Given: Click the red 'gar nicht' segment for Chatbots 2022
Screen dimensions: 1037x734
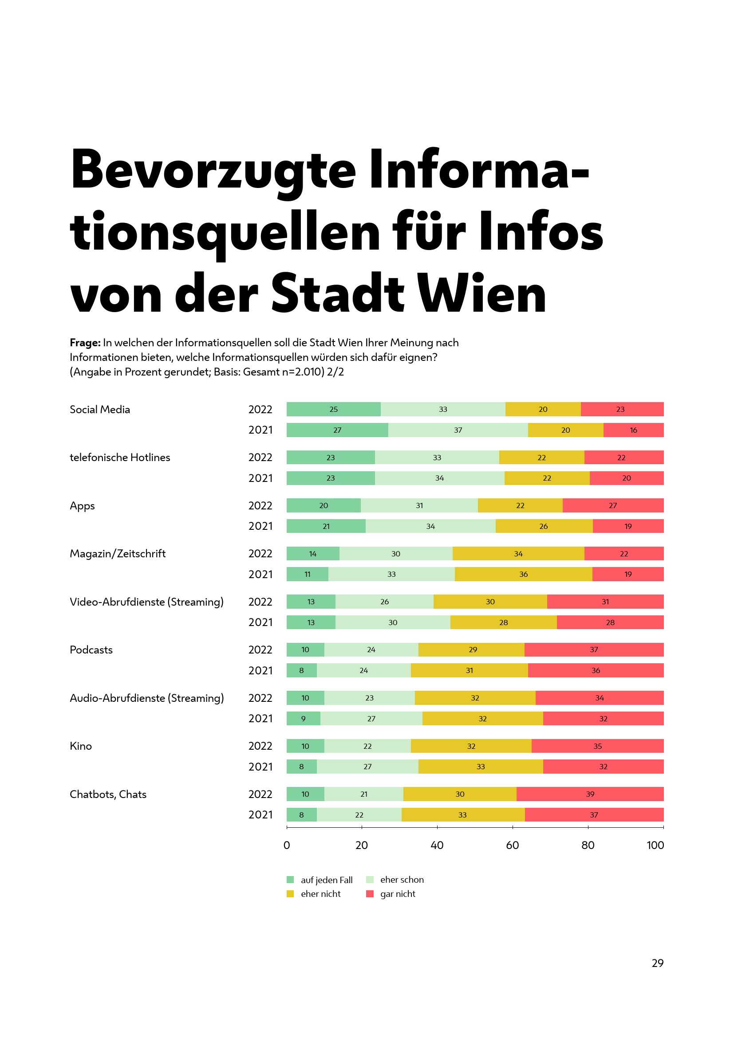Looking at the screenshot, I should pyautogui.click(x=590, y=794).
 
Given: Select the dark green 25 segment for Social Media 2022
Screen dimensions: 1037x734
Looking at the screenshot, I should pyautogui.click(x=334, y=409).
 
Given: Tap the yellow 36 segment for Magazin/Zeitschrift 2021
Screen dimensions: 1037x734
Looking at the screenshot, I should pyautogui.click(x=523, y=574).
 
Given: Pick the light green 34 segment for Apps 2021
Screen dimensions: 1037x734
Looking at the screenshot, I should pyautogui.click(x=430, y=526).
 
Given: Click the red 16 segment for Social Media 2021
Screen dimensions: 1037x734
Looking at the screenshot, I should pyautogui.click(x=633, y=430).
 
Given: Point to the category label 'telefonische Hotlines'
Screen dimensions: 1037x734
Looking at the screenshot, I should pyautogui.click(x=120, y=458).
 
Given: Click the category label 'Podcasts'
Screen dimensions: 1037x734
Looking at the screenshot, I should pyautogui.click(x=91, y=650).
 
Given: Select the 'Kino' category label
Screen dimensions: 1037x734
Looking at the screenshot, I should pyautogui.click(x=81, y=746).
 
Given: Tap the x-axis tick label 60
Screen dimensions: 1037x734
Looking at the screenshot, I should pyautogui.click(x=513, y=845).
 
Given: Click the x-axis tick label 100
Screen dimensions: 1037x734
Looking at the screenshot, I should pyautogui.click(x=655, y=845).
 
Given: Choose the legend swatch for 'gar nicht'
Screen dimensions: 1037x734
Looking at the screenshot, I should pyautogui.click(x=370, y=894).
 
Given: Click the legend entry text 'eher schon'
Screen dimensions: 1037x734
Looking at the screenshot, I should pyautogui.click(x=402, y=880).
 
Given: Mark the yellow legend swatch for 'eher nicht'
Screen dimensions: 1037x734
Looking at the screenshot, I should pyautogui.click(x=290, y=894).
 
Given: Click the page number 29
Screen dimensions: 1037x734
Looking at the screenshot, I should pyautogui.click(x=658, y=963).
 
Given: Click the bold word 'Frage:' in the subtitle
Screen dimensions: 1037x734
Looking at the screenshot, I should pyautogui.click(x=85, y=343).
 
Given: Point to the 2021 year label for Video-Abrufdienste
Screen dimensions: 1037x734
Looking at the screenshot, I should pyautogui.click(x=260, y=622).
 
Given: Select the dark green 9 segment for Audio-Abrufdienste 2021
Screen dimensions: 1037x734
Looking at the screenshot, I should pyautogui.click(x=303, y=719).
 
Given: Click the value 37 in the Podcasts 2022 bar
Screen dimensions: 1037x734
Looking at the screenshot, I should pyautogui.click(x=594, y=650).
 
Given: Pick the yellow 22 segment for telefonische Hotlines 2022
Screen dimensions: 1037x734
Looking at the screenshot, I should pyautogui.click(x=541, y=458).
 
